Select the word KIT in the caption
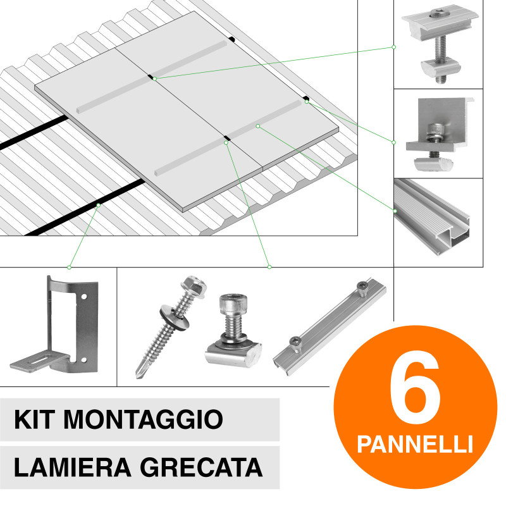click(x=35, y=419)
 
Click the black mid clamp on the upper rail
click(x=152, y=77)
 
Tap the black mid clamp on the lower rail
click(x=226, y=137)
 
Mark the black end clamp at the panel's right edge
click(x=306, y=99)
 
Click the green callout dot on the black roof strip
click(x=98, y=205)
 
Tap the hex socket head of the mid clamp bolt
click(x=438, y=12)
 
